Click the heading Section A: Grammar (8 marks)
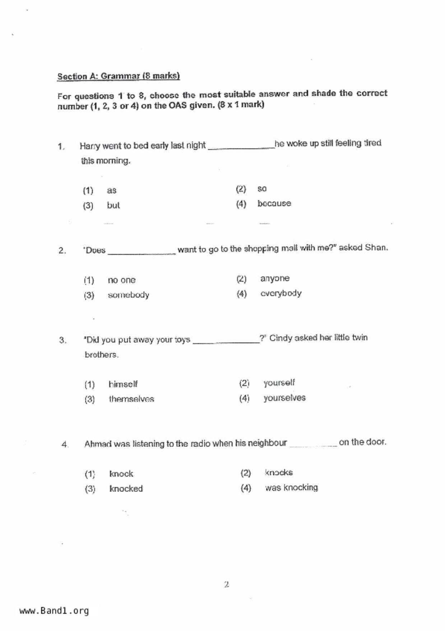[x=119, y=76]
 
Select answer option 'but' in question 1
[x=113, y=205]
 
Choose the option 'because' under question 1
[x=274, y=204]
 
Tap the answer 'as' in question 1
[x=111, y=190]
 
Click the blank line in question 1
[x=241, y=146]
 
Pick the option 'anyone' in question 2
[x=275, y=278]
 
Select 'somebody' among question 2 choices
[x=128, y=295]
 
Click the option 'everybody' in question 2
[x=281, y=294]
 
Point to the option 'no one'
[x=121, y=280]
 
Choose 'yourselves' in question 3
[x=284, y=398]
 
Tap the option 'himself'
[x=123, y=384]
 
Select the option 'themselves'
[x=131, y=399]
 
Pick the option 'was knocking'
[x=291, y=488]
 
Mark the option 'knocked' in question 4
[x=126, y=489]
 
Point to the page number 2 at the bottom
[x=226, y=585]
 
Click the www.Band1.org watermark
[x=54, y=611]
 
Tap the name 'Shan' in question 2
[x=376, y=248]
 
